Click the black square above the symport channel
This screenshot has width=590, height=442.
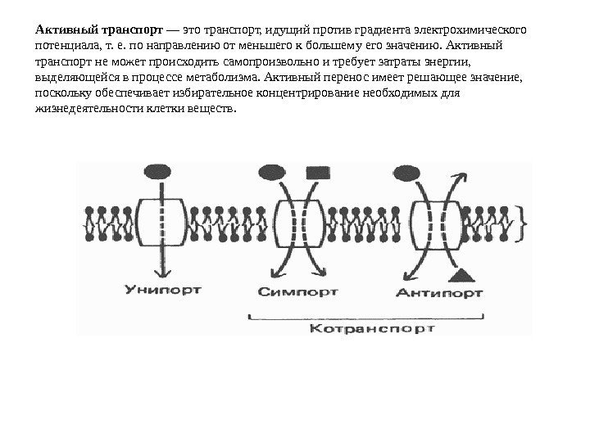[315, 173]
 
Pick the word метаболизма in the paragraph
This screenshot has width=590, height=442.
[225, 78]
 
